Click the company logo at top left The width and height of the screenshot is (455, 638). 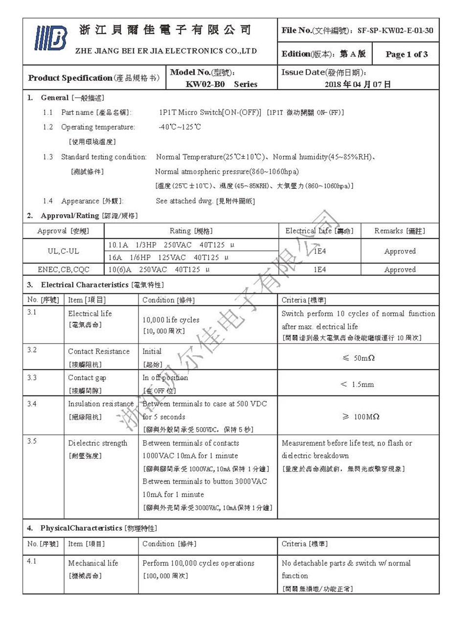(50, 39)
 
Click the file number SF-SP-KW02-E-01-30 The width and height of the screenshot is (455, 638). (395, 30)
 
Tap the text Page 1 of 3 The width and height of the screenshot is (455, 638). (406, 54)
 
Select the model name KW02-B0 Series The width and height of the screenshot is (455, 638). (221, 84)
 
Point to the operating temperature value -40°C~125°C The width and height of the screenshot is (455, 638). (180, 127)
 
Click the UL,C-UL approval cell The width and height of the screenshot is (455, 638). (63, 251)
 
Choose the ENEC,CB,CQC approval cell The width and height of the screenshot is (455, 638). (64, 270)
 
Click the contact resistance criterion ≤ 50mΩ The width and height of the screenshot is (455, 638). (358, 358)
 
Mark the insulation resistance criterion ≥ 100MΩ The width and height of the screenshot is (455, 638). (361, 417)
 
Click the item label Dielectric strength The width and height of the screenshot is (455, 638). (97, 443)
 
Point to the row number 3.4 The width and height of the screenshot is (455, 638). (32, 404)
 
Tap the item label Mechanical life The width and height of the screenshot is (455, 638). (93, 563)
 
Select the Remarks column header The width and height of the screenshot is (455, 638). (399, 231)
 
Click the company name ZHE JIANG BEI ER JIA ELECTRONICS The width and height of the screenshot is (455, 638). (166, 51)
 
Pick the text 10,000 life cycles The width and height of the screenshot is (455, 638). (171, 320)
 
